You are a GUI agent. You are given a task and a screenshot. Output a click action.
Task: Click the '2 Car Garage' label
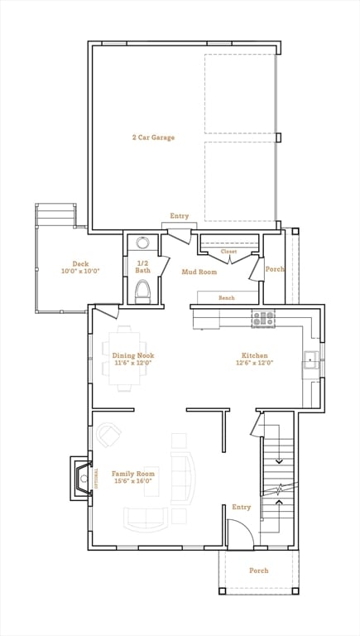pos(153,137)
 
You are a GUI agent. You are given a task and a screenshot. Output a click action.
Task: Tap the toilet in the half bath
pos(143,291)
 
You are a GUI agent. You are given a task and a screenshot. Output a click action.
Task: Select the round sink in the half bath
pos(143,243)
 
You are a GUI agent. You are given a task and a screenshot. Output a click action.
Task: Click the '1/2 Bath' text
pos(143,266)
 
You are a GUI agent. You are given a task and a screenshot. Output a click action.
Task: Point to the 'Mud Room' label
pos(199,272)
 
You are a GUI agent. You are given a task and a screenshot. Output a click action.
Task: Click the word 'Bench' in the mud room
pos(226,297)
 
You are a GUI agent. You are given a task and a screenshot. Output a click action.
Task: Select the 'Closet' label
pos(228,251)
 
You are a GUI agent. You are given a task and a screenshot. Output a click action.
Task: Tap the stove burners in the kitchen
pos(263,318)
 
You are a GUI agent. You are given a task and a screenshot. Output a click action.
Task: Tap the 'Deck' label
pos(80,264)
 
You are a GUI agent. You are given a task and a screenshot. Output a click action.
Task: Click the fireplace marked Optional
pos(83,479)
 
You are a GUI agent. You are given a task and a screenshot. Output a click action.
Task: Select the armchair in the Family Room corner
pos(108,434)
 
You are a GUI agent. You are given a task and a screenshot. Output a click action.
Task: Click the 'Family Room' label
pos(133,474)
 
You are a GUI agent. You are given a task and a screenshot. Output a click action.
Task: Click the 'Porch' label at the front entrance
pos(259,571)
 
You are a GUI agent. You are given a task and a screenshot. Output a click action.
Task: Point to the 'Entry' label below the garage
pos(180,216)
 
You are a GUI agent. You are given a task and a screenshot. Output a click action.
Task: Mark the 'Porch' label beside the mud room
pos(274,268)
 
